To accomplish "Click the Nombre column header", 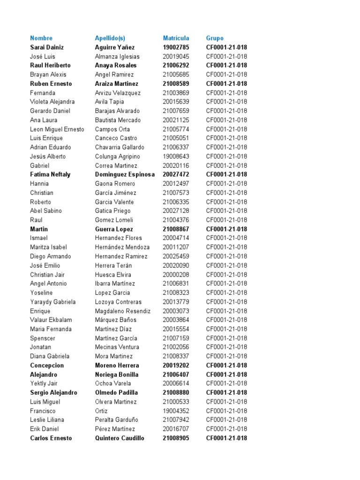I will coord(41,38).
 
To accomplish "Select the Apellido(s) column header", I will coord(110,38).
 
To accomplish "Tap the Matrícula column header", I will coord(176,38).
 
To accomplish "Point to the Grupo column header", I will coord(215,38).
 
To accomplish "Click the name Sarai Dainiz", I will coord(47,47).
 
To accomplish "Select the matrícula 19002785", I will coord(176,47).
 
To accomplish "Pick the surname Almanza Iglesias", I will coord(117,56).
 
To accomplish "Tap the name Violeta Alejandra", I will coord(52,102).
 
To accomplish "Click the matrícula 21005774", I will coord(176,129).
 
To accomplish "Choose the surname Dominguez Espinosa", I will coord(125,174).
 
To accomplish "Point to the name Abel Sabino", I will coord(46,211).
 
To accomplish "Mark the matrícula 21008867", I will coord(176,229).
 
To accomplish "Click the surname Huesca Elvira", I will coord(113,275).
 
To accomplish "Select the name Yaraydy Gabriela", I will coord(53,302).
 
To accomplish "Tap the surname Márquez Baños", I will coord(116,320).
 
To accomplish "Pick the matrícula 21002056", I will coord(176,347).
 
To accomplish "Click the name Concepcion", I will coord(47,366).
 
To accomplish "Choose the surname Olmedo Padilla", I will coord(116,393).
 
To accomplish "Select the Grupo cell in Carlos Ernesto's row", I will coord(226,438).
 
